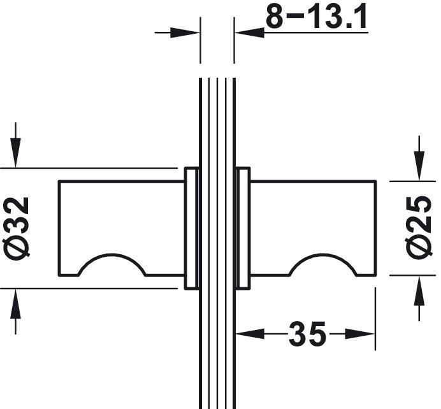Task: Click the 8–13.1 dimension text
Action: pyautogui.click(x=316, y=16)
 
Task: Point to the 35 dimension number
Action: pyautogui.click(x=307, y=334)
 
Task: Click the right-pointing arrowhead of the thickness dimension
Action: pyautogui.click(x=185, y=33)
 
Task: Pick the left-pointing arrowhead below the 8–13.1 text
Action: pyautogui.click(x=250, y=33)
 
